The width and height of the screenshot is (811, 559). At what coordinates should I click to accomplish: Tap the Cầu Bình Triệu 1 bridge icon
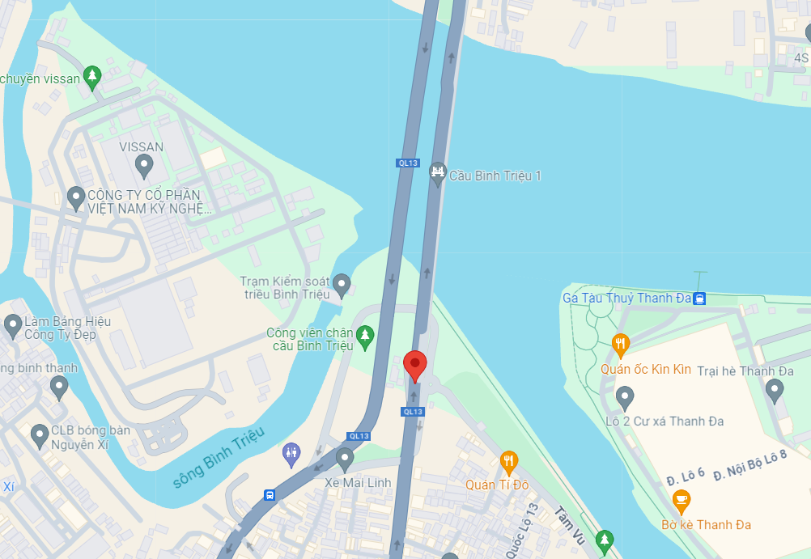(x=438, y=172)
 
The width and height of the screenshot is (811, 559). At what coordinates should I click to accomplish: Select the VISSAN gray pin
(x=144, y=166)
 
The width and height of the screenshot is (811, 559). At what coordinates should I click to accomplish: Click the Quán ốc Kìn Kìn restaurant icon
(x=620, y=345)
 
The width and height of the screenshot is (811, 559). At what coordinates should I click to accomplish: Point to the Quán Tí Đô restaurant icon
(x=508, y=462)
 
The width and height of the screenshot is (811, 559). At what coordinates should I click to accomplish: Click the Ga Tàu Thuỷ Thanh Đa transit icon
(x=700, y=298)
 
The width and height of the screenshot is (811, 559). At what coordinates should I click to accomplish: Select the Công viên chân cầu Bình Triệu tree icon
(x=365, y=336)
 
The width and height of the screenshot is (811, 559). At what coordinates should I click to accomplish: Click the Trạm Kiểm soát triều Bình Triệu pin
(x=342, y=284)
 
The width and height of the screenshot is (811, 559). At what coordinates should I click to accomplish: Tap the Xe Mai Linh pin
(x=345, y=459)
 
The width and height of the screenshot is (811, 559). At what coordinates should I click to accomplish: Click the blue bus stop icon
(x=269, y=495)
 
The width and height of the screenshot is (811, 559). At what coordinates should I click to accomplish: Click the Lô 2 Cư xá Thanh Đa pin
(x=624, y=397)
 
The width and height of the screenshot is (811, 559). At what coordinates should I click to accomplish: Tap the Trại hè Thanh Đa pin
(x=775, y=391)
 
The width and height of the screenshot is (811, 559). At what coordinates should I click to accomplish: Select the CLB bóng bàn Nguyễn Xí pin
(x=39, y=436)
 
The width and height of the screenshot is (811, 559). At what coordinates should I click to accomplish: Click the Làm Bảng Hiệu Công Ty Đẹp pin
(x=13, y=326)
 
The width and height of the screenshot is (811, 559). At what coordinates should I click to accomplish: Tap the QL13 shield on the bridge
(x=408, y=163)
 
